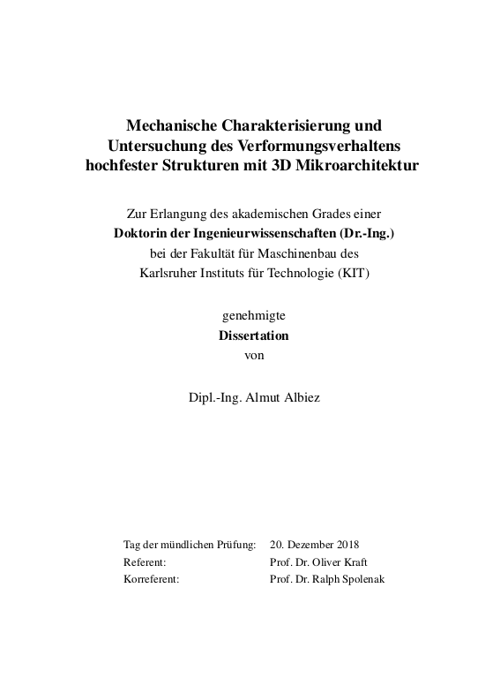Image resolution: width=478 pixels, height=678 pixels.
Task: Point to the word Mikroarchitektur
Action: [x=360, y=165]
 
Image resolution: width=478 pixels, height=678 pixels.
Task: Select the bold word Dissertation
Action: [x=253, y=336]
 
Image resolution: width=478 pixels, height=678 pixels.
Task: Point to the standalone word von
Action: [x=253, y=356]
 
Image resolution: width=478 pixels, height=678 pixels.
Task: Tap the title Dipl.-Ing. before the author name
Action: [x=214, y=398]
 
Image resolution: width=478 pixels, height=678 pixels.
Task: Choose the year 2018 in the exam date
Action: [x=346, y=544]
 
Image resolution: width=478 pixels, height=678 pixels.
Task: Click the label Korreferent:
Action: [x=152, y=579]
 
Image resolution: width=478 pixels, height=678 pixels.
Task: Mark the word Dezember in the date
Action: [x=308, y=544]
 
